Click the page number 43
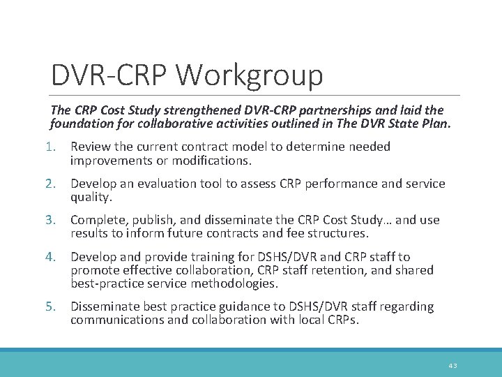[453, 365]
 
